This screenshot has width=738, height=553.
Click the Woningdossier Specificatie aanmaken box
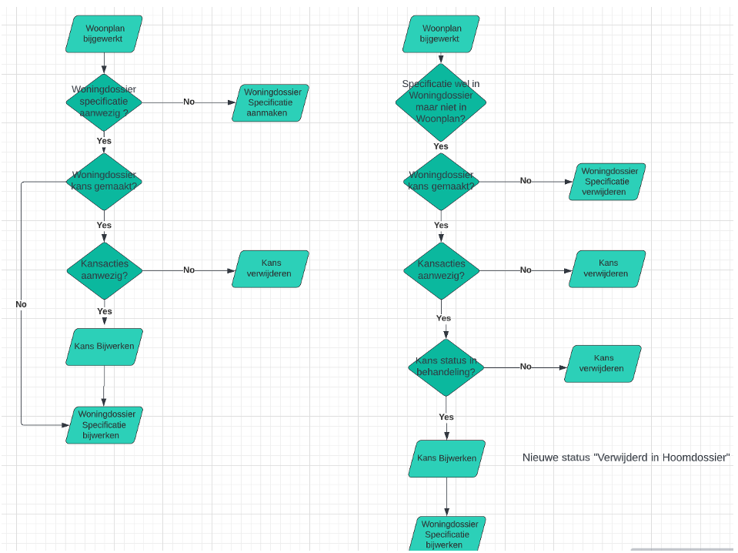pos(270,102)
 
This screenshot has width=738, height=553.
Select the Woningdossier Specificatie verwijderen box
pos(606,182)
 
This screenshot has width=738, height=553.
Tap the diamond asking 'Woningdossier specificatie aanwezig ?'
pos(104,102)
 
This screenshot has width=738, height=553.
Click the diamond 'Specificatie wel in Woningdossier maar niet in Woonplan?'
pos(441,102)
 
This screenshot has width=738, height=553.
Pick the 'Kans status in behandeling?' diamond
pos(446,367)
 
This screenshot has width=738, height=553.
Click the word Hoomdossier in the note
pos(697,457)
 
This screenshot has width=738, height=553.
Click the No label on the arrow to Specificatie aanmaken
pos(189,102)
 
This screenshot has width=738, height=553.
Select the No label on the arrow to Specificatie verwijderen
pos(526,181)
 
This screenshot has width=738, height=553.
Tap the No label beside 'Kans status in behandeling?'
pos(526,367)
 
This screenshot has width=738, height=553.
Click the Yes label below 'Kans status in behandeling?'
pos(446,417)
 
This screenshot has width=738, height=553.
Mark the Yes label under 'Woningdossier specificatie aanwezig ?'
pos(104,141)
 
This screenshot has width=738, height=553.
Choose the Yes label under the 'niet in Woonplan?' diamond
pos(441,146)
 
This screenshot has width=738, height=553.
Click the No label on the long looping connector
pos(21,304)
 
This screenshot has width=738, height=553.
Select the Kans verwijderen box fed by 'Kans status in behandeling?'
pos(603,364)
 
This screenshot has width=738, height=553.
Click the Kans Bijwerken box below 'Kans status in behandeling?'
pos(446,458)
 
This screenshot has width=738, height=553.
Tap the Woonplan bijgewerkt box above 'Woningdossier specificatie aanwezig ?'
pos(104,34)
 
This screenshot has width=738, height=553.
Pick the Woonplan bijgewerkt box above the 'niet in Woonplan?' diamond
pos(441,34)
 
